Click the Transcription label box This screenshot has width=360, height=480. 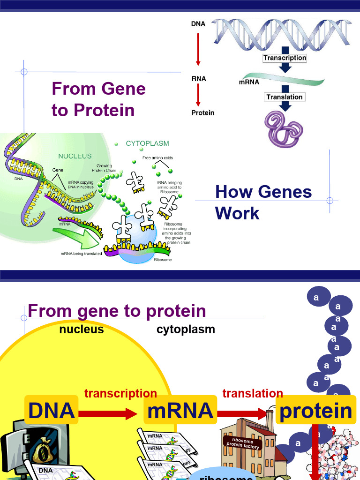pos(285,58)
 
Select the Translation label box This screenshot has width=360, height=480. pos(285,97)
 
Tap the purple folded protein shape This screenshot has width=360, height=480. pos(285,128)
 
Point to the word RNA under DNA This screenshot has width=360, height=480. pos(199,79)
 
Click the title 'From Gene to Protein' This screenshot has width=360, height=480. pos(98,99)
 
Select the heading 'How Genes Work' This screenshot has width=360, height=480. pos(263,202)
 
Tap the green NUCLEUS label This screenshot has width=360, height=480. pos(75,156)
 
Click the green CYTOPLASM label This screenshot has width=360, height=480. pos(148,143)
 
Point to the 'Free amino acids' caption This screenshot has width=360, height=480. pos(157,158)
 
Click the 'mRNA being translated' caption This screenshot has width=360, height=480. pos(81,254)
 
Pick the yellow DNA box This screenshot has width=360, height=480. pos(52,411)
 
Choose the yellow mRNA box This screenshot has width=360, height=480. pos(180,411)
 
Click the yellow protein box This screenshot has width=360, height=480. pos(315,411)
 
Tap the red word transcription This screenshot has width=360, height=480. pos(120,393)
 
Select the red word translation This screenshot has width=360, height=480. pos(253,393)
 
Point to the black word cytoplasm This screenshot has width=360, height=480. pos(186,330)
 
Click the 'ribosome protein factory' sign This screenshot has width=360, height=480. pos(243,443)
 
